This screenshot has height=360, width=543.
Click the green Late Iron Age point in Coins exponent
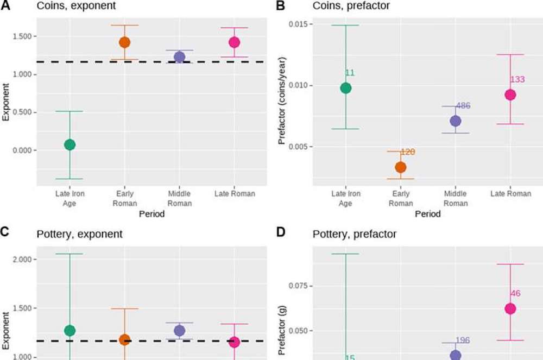click(x=70, y=144)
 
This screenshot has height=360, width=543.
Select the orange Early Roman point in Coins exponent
click(x=124, y=42)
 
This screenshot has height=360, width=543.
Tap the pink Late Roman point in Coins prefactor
click(x=510, y=94)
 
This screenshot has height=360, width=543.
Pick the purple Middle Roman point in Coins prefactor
click(x=455, y=121)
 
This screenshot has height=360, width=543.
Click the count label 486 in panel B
click(x=463, y=106)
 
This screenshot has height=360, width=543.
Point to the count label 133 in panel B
click(x=517, y=80)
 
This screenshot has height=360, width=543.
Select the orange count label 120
click(x=408, y=152)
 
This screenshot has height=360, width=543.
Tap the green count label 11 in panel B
click(x=350, y=73)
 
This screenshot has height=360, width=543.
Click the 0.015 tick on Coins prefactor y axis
click(x=297, y=24)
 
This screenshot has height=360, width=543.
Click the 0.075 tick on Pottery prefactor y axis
click(x=297, y=286)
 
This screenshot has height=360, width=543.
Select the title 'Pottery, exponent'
click(x=79, y=235)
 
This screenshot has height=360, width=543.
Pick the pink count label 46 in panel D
click(x=515, y=294)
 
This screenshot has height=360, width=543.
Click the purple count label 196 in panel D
click(x=463, y=340)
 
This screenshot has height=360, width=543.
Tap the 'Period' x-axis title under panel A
click(x=152, y=214)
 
